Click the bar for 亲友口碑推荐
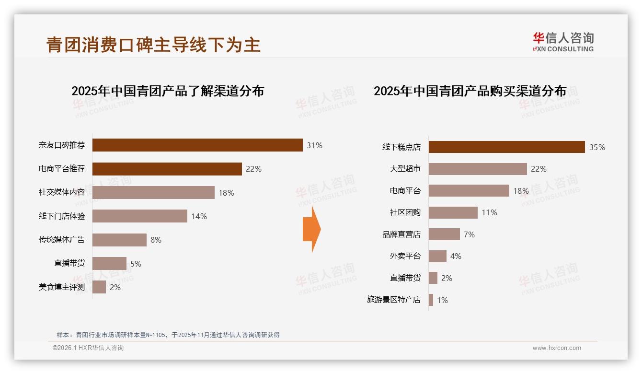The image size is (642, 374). click(x=197, y=145)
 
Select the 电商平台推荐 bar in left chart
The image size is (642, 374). click(x=167, y=169)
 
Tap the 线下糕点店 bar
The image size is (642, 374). click(x=506, y=147)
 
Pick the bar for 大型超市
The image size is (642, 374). click(x=477, y=169)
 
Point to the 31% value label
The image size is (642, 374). click(x=314, y=145)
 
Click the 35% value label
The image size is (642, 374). click(x=597, y=147)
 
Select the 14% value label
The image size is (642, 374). click(x=199, y=216)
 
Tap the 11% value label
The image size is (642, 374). click(x=489, y=212)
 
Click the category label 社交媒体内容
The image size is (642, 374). click(x=62, y=193)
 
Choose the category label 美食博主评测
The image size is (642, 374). click(x=62, y=287)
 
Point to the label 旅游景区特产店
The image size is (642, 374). click(x=393, y=300)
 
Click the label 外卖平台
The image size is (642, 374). click(x=405, y=256)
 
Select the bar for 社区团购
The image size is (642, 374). click(x=453, y=212)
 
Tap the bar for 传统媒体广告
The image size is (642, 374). click(x=119, y=240)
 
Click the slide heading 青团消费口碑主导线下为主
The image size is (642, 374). click(x=153, y=45)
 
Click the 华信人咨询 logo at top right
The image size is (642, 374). click(x=563, y=42)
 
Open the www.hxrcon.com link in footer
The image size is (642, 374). click(x=557, y=348)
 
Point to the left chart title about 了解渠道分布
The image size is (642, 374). click(x=168, y=91)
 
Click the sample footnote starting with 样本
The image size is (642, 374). click(x=168, y=335)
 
